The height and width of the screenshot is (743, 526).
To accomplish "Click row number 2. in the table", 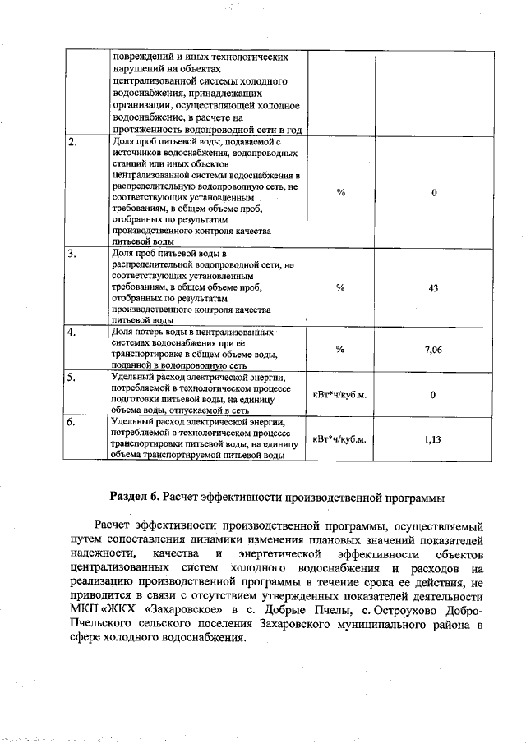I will [73, 142].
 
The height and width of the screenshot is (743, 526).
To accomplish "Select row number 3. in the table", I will [73, 255].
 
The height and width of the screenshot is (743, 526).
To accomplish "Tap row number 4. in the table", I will [73, 333].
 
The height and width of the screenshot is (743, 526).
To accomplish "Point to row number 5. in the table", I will [73, 378].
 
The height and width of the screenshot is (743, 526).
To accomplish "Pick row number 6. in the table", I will [73, 424].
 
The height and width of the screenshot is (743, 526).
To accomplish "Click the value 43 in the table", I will [433, 287].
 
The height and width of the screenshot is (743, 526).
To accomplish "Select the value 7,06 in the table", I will [433, 350].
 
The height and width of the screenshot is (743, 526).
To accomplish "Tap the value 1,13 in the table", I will [433, 439].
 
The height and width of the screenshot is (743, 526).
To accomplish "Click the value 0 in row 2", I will [433, 193].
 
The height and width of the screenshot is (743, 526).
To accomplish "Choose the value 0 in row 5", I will [433, 395].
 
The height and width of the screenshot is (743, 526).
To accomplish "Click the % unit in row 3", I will [340, 287].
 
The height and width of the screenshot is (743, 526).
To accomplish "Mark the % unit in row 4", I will [340, 350].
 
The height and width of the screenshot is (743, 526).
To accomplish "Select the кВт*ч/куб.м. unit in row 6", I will [340, 439].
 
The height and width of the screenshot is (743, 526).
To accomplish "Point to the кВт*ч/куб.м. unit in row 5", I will [340, 395].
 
